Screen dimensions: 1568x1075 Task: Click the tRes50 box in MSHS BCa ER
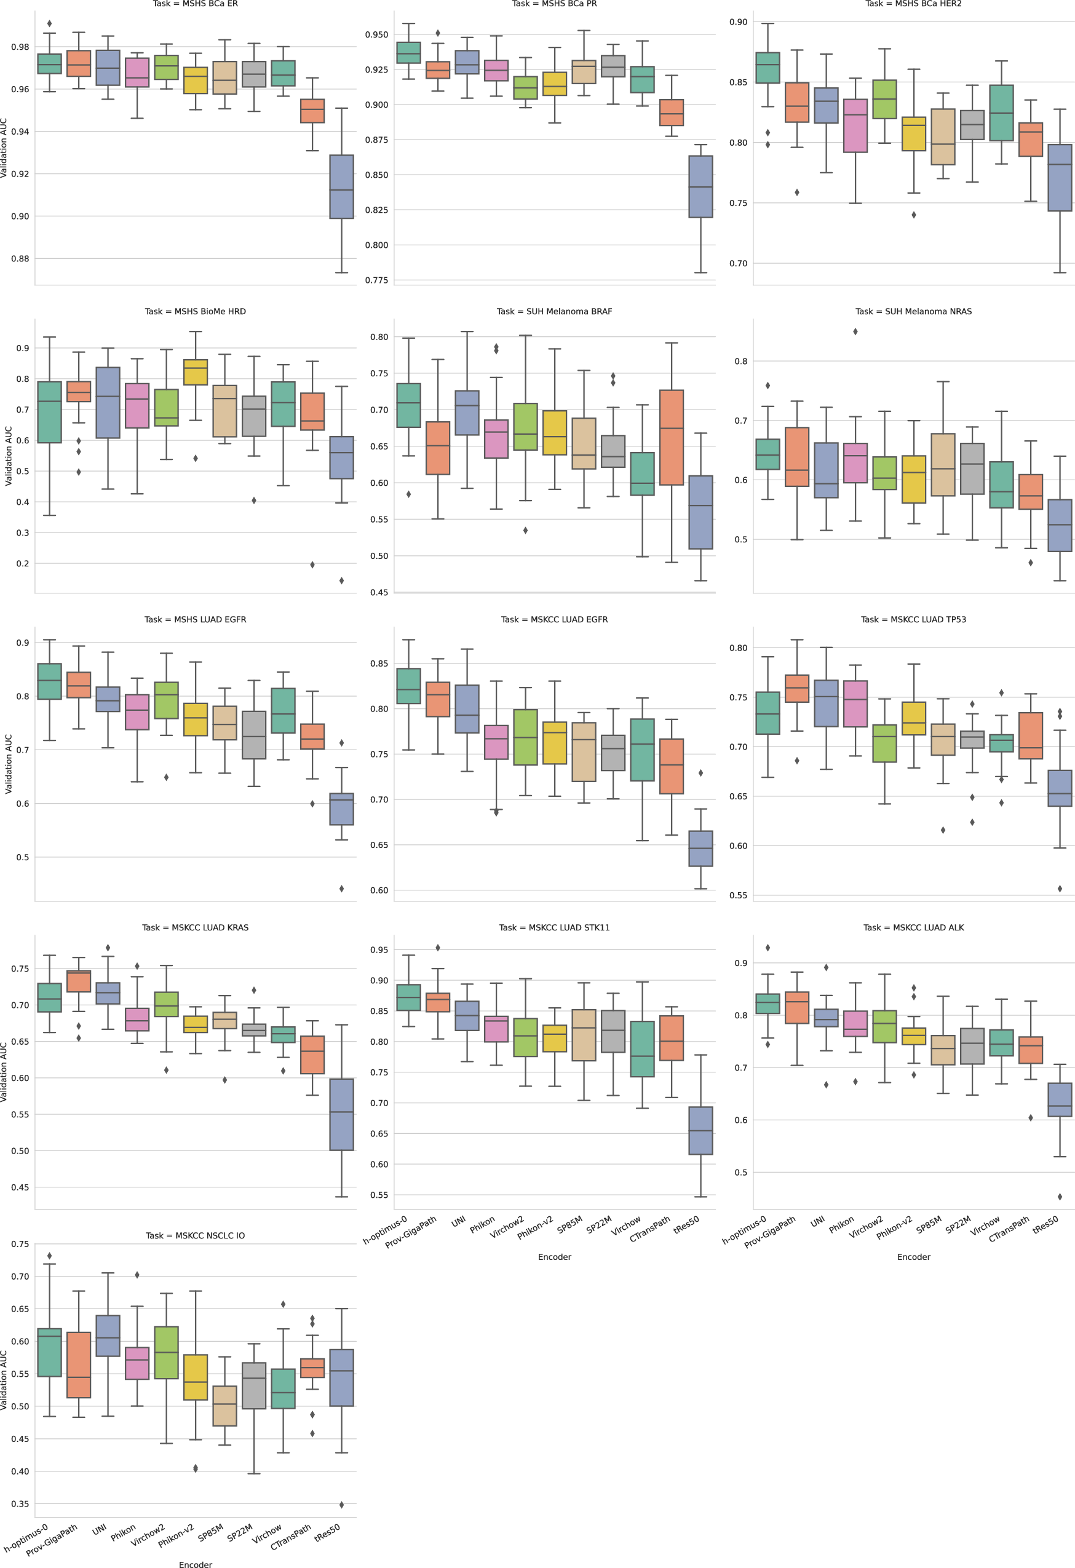click(x=341, y=186)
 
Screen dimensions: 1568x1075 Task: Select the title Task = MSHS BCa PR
click(x=554, y=4)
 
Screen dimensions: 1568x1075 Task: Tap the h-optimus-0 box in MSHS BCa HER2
click(x=768, y=68)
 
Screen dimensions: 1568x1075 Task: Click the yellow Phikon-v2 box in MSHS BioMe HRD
click(x=196, y=372)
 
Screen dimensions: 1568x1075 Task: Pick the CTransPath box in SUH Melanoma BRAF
click(x=672, y=437)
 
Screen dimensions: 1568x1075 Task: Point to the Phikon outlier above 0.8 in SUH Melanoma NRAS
click(x=855, y=331)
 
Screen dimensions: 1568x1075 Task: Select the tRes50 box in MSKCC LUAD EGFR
click(x=700, y=848)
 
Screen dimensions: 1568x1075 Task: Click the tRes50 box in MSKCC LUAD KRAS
click(x=341, y=1114)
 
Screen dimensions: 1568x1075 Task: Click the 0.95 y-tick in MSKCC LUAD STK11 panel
click(x=379, y=950)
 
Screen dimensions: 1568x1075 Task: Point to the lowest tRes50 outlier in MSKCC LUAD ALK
click(x=1060, y=1197)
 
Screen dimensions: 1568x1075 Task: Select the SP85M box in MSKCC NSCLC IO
click(x=224, y=1406)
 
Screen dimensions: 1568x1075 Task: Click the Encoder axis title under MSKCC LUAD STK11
click(x=554, y=1257)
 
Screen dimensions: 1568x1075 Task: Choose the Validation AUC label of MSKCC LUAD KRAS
click(x=5, y=1072)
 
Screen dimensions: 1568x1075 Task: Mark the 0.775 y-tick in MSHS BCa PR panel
click(x=376, y=280)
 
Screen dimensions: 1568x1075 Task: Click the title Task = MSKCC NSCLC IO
click(x=195, y=1235)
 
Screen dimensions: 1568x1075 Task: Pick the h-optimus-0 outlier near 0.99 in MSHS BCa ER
click(x=49, y=23)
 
